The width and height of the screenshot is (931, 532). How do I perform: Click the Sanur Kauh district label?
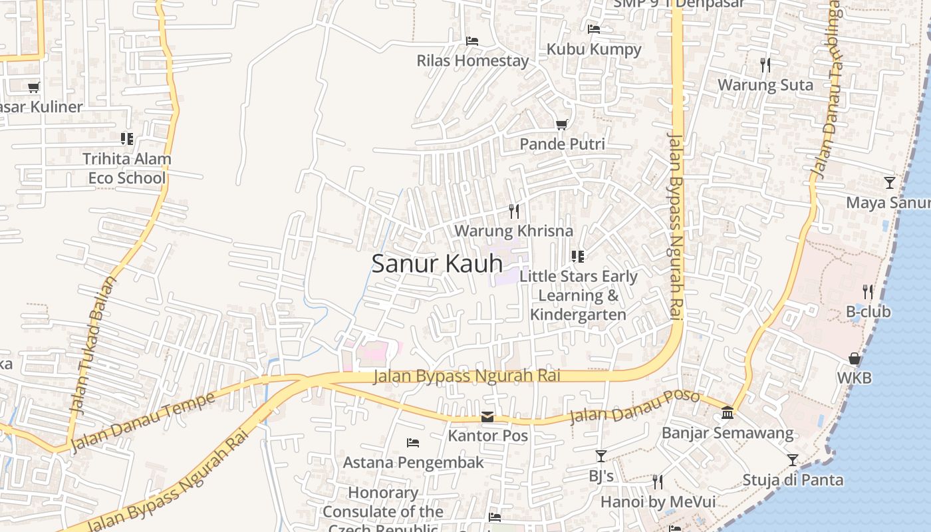(x=437, y=263)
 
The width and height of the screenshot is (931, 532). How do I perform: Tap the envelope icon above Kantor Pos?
(x=487, y=417)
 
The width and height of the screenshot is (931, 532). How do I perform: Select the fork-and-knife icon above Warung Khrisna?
(x=513, y=211)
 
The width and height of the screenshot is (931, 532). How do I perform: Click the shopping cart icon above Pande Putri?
(x=561, y=124)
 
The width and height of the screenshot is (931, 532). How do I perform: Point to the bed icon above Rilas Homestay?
(x=472, y=41)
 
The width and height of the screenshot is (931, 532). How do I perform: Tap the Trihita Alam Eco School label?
(x=126, y=168)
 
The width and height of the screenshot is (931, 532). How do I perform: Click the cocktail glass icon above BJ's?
(x=601, y=456)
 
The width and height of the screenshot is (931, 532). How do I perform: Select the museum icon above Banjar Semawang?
(x=728, y=413)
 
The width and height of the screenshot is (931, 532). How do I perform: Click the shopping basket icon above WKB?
(x=855, y=358)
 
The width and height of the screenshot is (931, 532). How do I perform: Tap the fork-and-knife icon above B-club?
(x=868, y=291)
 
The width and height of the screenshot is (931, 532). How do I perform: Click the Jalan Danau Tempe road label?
(x=143, y=420)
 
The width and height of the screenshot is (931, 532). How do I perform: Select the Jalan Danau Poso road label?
(x=634, y=407)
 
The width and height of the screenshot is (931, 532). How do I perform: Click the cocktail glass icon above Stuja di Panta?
(x=793, y=460)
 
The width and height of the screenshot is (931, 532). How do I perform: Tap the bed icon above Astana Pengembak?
(x=413, y=442)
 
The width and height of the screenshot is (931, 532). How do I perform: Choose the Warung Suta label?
(x=765, y=85)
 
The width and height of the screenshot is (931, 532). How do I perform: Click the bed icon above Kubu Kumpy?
(x=594, y=29)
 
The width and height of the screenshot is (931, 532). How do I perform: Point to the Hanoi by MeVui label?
(x=658, y=501)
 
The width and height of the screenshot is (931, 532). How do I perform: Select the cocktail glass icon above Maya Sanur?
(x=890, y=182)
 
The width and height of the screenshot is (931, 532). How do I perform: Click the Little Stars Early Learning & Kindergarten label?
(x=579, y=295)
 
